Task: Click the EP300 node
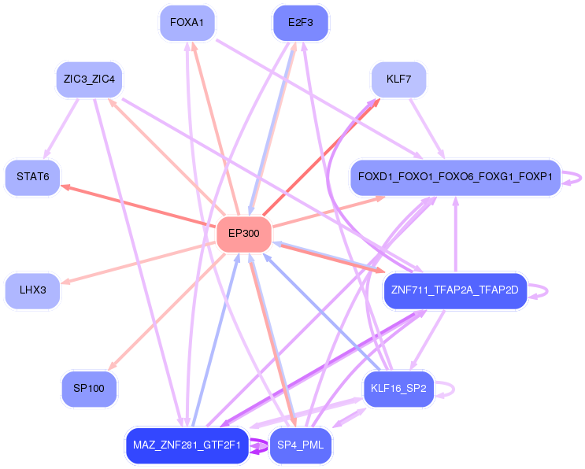(244, 234)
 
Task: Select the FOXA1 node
(187, 23)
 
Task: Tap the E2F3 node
(300, 23)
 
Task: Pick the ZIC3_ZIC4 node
(89, 79)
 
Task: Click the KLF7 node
(398, 79)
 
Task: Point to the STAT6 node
(32, 177)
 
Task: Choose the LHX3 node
(32, 290)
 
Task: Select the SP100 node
(89, 388)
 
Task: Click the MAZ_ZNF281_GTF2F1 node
(187, 445)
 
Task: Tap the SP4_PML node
(300, 445)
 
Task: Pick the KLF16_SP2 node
(398, 388)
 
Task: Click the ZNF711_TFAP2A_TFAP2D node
(454, 290)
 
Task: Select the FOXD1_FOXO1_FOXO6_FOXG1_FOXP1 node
(454, 177)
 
